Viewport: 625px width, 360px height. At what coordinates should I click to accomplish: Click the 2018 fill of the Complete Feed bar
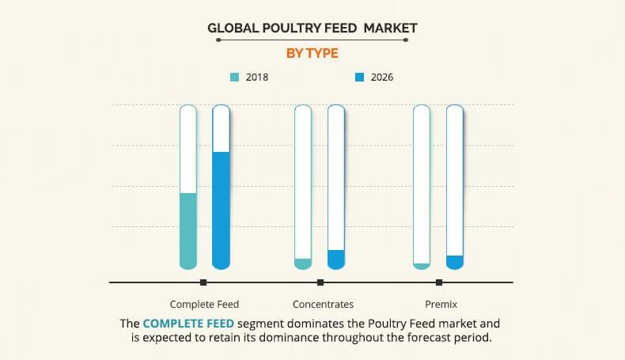tap(188, 229)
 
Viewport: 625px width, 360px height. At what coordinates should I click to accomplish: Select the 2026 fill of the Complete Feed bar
tap(222, 210)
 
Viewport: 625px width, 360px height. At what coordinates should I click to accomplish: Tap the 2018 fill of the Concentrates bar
tap(303, 263)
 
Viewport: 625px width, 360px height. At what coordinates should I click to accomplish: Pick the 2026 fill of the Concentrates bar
tap(336, 260)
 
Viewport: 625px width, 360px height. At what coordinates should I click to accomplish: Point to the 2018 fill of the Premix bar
tap(422, 266)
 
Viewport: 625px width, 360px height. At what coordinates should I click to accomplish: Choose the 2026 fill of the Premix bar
tap(455, 262)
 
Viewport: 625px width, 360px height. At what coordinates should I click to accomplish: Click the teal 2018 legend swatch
tap(234, 78)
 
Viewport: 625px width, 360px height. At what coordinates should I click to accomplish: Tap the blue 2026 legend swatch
tap(360, 78)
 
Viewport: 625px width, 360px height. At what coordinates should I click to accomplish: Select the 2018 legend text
tap(257, 78)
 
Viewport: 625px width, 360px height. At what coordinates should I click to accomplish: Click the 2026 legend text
tap(382, 78)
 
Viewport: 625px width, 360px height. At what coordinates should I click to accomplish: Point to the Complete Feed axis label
tap(204, 304)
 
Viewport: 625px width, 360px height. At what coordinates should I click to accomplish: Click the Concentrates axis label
tap(323, 304)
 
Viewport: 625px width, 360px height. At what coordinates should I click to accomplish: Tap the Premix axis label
tap(441, 304)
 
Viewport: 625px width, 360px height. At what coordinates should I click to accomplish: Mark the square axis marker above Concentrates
tap(320, 282)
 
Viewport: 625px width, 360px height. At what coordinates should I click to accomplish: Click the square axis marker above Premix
tap(439, 282)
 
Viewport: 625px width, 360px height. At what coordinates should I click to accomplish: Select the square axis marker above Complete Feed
tap(203, 282)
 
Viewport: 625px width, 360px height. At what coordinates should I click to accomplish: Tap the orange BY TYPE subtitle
tap(312, 53)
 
